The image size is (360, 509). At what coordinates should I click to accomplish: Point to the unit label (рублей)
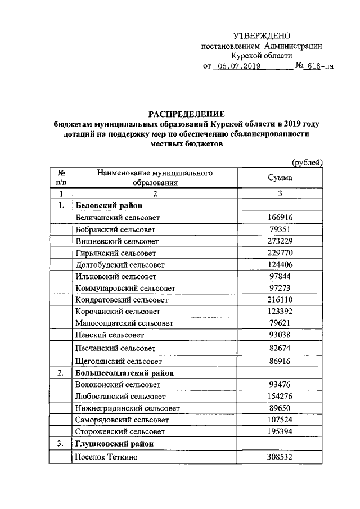306,163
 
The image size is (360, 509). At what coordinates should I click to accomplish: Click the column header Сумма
280,177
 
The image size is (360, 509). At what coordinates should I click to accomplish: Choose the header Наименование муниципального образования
155,177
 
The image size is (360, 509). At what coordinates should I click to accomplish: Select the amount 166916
280,217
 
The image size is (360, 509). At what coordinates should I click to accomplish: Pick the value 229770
280,253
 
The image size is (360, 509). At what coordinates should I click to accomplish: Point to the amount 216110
280,300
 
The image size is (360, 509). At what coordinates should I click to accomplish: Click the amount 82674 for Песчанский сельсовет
280,348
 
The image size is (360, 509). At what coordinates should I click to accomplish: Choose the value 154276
280,397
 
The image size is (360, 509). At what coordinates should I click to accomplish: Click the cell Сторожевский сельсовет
120,432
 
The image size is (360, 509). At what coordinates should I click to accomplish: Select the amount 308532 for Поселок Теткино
280,457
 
